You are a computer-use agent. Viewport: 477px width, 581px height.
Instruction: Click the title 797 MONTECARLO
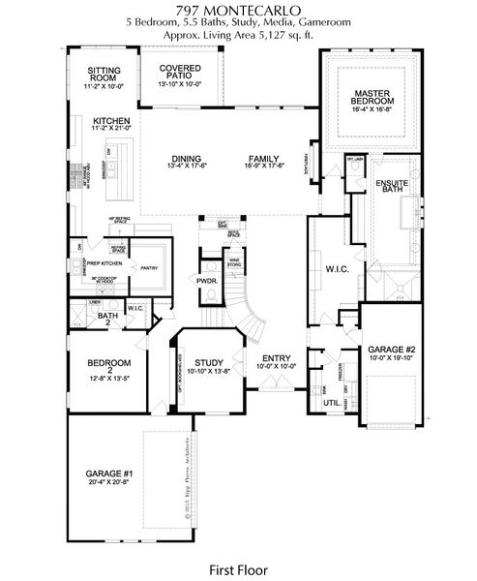[x=238, y=9]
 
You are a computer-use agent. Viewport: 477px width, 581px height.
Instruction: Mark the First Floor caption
[x=238, y=568]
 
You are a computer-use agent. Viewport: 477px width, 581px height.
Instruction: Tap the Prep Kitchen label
[x=107, y=262]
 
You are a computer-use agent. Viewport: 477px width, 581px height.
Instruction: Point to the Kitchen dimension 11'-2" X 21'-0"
[x=108, y=129]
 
